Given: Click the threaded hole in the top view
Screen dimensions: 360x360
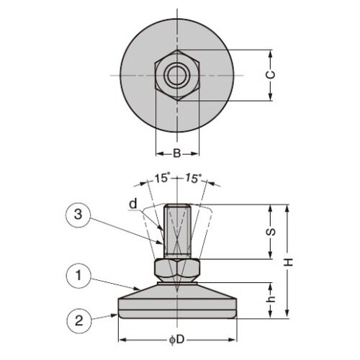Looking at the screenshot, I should coord(175,75).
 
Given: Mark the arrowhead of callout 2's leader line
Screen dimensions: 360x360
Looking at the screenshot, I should coord(117,314).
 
